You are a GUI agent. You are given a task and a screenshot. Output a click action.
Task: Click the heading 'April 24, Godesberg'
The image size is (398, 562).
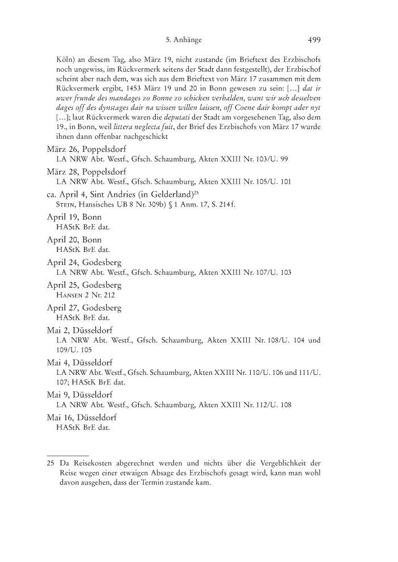pyautogui.click(x=84, y=278)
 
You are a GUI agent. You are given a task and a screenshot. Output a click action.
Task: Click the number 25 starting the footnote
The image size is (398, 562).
pyautogui.click(x=50, y=462)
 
